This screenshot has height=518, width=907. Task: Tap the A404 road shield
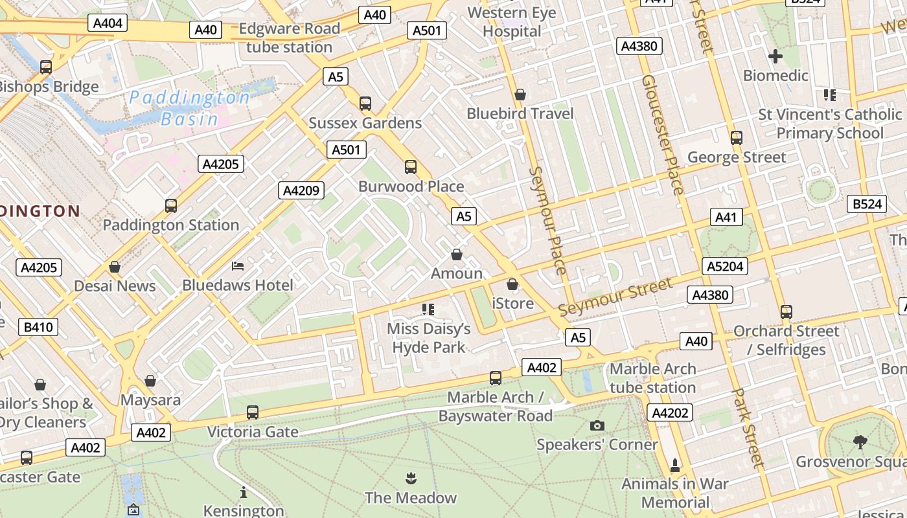tap(108, 23)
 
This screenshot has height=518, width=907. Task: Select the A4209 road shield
tap(301, 190)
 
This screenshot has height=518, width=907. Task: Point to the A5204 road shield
tap(726, 266)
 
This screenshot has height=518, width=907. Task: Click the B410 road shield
tap(38, 327)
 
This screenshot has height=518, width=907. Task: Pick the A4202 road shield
tap(670, 412)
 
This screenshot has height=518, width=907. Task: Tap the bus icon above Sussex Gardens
tap(365, 104)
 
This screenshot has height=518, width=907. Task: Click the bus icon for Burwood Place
tap(411, 167)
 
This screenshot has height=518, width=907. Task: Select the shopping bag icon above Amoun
tap(457, 254)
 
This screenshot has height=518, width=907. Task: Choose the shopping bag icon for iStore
tap(512, 284)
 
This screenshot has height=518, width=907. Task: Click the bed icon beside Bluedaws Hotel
tap(238, 266)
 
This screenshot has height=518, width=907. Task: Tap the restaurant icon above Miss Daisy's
tap(428, 310)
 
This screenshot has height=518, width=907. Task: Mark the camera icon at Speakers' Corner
tap(597, 425)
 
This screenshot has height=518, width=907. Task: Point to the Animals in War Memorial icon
tap(675, 465)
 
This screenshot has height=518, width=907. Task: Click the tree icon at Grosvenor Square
tap(860, 442)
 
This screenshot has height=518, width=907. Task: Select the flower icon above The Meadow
tap(410, 479)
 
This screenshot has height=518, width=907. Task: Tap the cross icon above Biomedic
tap(775, 56)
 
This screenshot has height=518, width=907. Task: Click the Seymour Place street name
tap(549, 220)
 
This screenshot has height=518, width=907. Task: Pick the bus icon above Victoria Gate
tap(253, 412)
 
